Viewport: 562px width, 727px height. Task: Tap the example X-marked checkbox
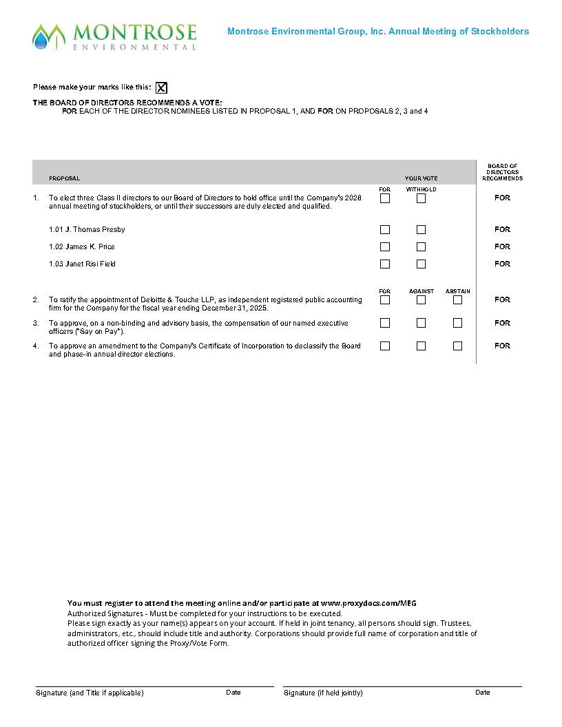[x=161, y=87]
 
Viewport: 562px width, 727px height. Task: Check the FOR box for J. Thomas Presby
[x=385, y=230]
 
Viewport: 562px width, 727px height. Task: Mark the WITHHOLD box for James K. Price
[x=421, y=247]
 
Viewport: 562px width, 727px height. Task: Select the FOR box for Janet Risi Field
[x=385, y=264]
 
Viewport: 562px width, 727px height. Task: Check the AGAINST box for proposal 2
[x=421, y=300]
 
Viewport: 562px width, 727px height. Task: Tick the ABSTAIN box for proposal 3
[x=457, y=323]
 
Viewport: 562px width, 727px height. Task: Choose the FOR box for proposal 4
[x=385, y=346]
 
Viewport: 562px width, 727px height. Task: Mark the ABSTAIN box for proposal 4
[x=457, y=346]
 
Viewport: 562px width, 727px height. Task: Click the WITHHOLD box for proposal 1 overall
[x=421, y=198]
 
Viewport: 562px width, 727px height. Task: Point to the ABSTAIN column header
[x=457, y=291]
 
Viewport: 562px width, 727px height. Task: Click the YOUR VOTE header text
[x=421, y=178]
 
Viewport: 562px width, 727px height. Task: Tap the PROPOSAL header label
[x=64, y=178]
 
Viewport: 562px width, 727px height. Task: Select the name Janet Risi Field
[x=82, y=264]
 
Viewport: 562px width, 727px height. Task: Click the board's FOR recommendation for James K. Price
[x=502, y=247]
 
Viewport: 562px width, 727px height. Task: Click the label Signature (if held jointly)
[x=323, y=693]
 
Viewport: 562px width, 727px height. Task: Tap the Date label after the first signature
[x=233, y=693]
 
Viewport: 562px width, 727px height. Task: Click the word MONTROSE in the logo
[x=134, y=32]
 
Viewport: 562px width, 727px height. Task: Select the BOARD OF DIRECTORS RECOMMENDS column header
[x=502, y=172]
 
